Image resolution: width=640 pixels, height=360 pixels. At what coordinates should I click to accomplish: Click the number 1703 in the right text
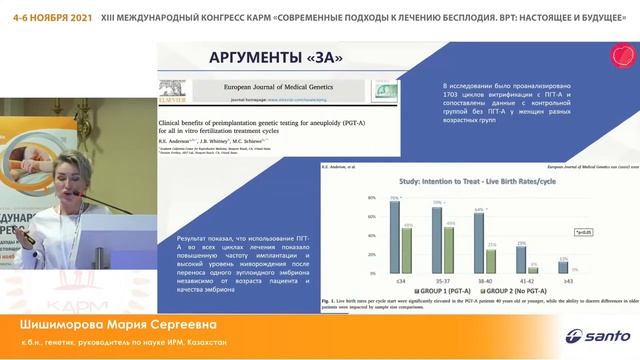(454, 99)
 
